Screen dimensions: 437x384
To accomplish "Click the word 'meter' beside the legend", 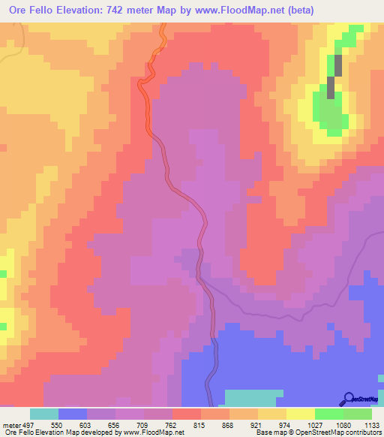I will pyautogui.click(x=9, y=424).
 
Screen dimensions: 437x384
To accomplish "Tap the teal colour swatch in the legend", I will pyautogui.click(x=44, y=414).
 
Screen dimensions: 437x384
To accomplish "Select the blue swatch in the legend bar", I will pyautogui.click(x=73, y=414).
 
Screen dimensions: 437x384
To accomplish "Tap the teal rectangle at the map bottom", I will pyautogui.click(x=253, y=398).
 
